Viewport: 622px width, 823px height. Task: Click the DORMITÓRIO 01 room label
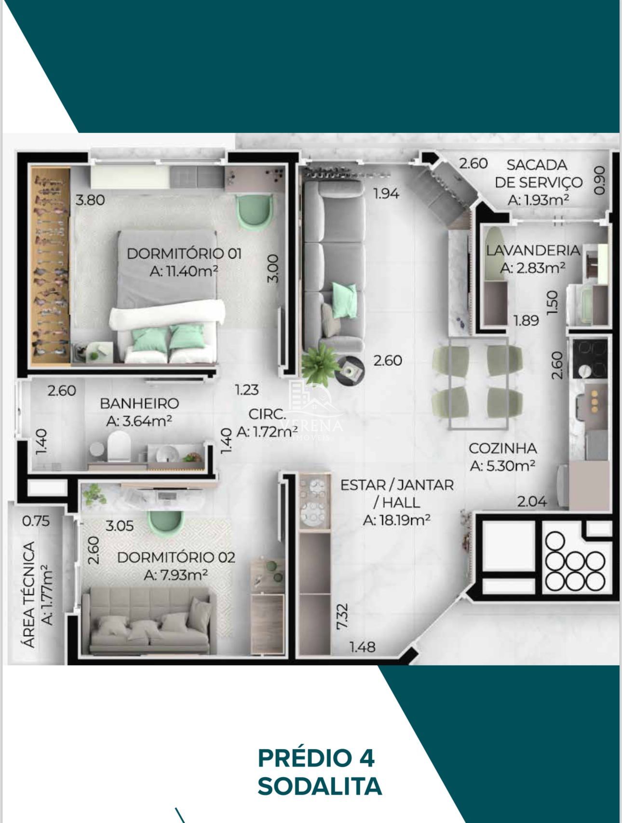click(x=184, y=253)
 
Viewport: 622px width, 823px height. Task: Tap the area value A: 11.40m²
click(x=184, y=271)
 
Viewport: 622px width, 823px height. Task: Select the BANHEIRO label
click(x=139, y=403)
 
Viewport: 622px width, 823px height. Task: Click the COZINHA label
click(x=502, y=448)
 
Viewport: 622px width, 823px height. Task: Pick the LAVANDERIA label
click(x=532, y=250)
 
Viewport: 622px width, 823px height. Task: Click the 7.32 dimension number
click(x=342, y=616)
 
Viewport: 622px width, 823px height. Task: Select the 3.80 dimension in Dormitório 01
click(x=90, y=199)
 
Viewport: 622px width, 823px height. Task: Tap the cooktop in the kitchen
click(x=590, y=358)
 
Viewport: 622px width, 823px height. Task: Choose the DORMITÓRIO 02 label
click(x=176, y=558)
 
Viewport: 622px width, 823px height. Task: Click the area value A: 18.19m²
click(x=396, y=520)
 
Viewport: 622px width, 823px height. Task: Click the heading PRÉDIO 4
click(x=316, y=758)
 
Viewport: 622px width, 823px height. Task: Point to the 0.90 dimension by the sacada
click(x=599, y=180)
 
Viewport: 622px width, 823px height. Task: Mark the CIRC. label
click(x=267, y=414)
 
